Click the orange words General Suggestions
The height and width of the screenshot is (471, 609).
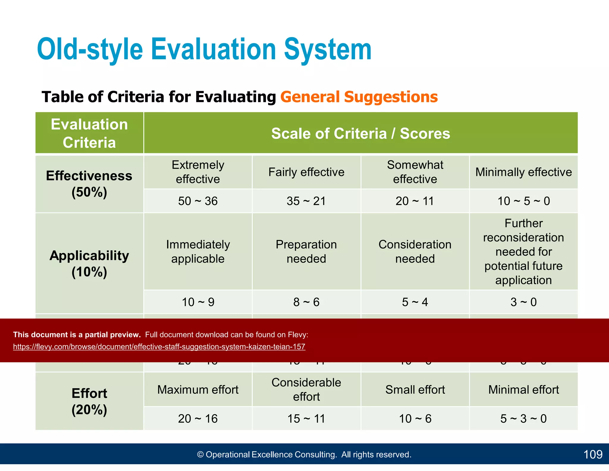pyautogui.click(x=359, y=97)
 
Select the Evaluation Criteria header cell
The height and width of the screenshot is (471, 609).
pyautogui.click(x=89, y=133)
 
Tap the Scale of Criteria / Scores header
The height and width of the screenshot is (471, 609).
pyautogui.click(x=360, y=133)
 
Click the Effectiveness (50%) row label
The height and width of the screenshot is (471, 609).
pyautogui.click(x=89, y=184)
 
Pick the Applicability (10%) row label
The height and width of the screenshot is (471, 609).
pyautogui.click(x=89, y=263)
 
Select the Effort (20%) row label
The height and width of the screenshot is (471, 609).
pyautogui.click(x=89, y=401)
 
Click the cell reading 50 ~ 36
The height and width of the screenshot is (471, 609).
pyautogui.click(x=198, y=201)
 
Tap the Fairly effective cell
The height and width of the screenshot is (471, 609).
pyautogui.click(x=306, y=172)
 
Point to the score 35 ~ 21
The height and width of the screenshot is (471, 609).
pyautogui.click(x=306, y=201)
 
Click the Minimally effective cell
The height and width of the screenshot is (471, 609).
pyautogui.click(x=523, y=172)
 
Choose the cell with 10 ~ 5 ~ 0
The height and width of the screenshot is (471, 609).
pyautogui.click(x=523, y=201)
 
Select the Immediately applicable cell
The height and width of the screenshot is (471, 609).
pyautogui.click(x=198, y=252)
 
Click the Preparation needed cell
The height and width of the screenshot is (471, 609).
pyautogui.click(x=306, y=252)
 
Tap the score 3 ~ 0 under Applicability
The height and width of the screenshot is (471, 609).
pyautogui.click(x=523, y=302)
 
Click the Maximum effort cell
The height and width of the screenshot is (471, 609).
pyautogui.click(x=198, y=389)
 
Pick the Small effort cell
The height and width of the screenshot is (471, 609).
pyautogui.click(x=415, y=389)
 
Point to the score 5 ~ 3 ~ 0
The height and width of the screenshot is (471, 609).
pyautogui.click(x=523, y=419)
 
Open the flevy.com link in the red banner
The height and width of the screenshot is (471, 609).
pyautogui.click(x=159, y=347)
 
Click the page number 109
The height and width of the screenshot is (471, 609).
pyautogui.click(x=593, y=454)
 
